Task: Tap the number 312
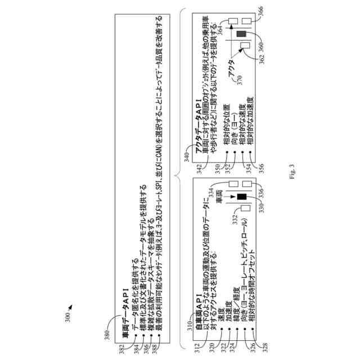click(x=197, y=348)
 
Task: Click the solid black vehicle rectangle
click(x=242, y=197)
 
